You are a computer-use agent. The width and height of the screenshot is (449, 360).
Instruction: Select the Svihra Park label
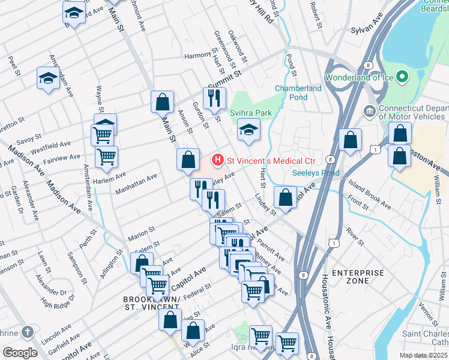[251, 112]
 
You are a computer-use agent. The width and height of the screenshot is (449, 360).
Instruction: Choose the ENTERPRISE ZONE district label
[358, 277]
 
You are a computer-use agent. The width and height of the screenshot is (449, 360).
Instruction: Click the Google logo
[20, 352]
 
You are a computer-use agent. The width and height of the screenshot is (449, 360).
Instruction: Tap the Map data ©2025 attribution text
[423, 355]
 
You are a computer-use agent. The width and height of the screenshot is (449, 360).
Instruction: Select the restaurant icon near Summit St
[214, 98]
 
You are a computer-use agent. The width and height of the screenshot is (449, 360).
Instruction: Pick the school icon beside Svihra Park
[247, 130]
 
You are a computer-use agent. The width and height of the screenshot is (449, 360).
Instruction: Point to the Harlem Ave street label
[112, 175]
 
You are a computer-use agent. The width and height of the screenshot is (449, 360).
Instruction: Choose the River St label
[354, 236]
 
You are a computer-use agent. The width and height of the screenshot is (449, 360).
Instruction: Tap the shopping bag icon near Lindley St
[286, 196]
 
